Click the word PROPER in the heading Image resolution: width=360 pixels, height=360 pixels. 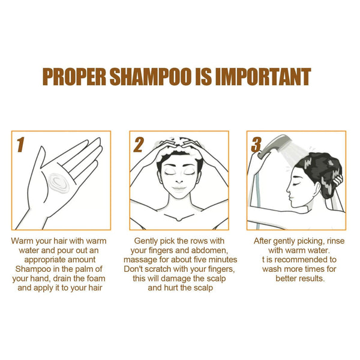tap(74, 77)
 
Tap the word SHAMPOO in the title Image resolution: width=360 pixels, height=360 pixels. tap(151, 77)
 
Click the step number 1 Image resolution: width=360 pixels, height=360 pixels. tap(20, 145)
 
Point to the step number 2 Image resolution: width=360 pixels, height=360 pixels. tap(139, 145)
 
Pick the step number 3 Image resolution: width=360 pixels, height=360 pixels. tap(256, 145)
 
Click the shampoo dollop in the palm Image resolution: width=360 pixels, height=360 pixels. tap(59, 183)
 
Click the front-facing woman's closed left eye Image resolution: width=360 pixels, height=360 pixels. tap(190, 173)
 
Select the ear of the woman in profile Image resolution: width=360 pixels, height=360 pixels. tap(317, 188)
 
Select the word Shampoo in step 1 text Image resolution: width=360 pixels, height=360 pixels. tap(33, 269)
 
